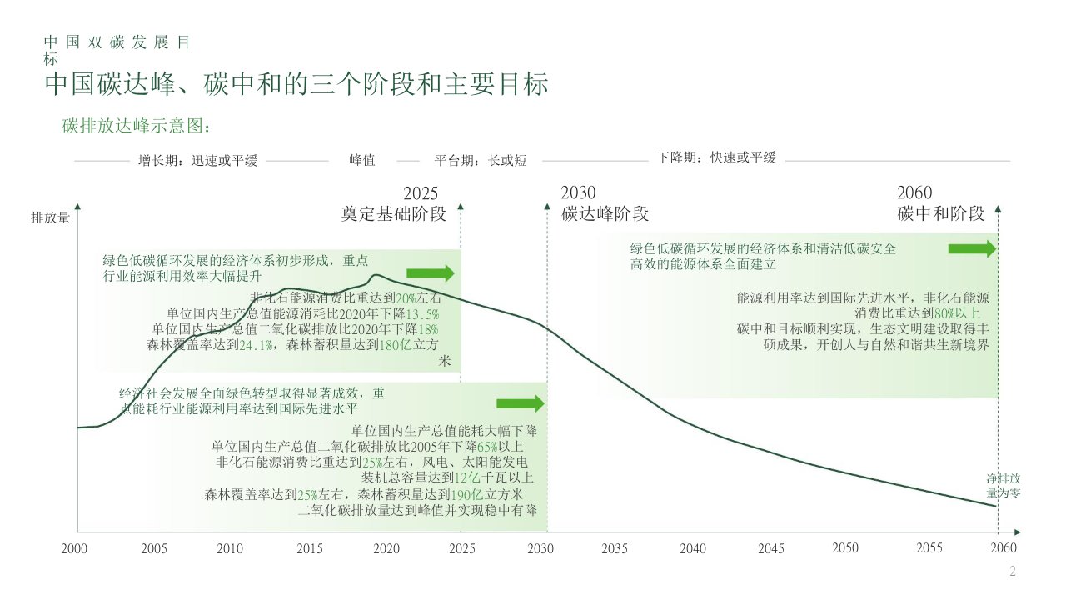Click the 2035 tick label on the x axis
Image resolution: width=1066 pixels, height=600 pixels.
615,548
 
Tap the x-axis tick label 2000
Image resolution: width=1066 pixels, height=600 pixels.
74,548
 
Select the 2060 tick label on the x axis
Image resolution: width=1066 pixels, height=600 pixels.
1004,548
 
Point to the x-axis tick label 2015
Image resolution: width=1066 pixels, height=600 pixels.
310,548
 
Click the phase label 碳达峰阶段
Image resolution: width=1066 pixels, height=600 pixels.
605,213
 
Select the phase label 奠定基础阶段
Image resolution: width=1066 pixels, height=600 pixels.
394,213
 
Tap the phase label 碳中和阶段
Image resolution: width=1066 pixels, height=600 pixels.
941,213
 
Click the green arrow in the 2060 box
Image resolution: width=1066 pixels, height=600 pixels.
972,248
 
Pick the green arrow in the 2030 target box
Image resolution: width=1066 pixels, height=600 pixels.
520,404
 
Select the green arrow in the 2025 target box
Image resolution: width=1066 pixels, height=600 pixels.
431,273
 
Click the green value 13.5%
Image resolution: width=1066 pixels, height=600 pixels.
422,313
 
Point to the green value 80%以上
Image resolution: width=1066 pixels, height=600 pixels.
958,313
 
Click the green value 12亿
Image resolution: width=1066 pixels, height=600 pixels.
465,477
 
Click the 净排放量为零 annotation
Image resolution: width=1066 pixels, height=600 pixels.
1004,486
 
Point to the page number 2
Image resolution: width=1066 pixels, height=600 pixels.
1013,572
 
